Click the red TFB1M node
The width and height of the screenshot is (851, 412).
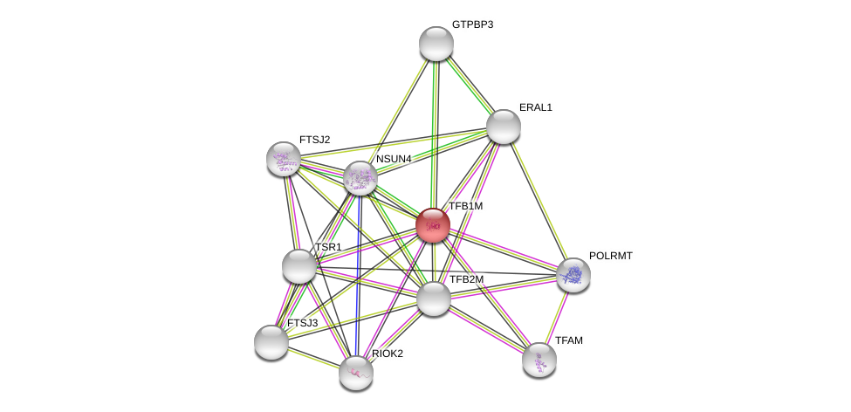[x=433, y=225]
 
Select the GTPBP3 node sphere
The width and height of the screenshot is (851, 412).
[x=436, y=44]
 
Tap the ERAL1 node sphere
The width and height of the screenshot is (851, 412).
[x=503, y=127]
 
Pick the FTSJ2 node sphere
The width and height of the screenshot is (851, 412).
[x=284, y=159]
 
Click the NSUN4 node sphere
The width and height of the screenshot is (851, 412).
[x=360, y=178]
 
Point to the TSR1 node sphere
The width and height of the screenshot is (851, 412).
[x=299, y=266]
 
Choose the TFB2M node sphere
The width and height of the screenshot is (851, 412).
[x=434, y=299]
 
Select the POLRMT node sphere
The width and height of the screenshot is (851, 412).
[x=573, y=276]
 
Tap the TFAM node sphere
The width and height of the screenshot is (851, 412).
[x=539, y=360]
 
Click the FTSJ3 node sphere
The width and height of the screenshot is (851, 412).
[x=271, y=342]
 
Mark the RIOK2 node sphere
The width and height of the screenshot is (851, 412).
[x=356, y=374]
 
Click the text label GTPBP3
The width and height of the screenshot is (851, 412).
[x=473, y=24]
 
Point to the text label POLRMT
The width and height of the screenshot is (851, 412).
[x=611, y=256]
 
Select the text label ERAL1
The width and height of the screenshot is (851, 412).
[x=536, y=107]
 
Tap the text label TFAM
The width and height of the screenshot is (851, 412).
[x=569, y=340]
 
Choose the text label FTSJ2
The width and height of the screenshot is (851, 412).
[x=315, y=140]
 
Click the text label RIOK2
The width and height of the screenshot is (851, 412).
[x=388, y=354]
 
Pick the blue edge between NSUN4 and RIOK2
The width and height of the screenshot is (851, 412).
[x=358, y=276]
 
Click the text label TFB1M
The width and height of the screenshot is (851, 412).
[x=466, y=206]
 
